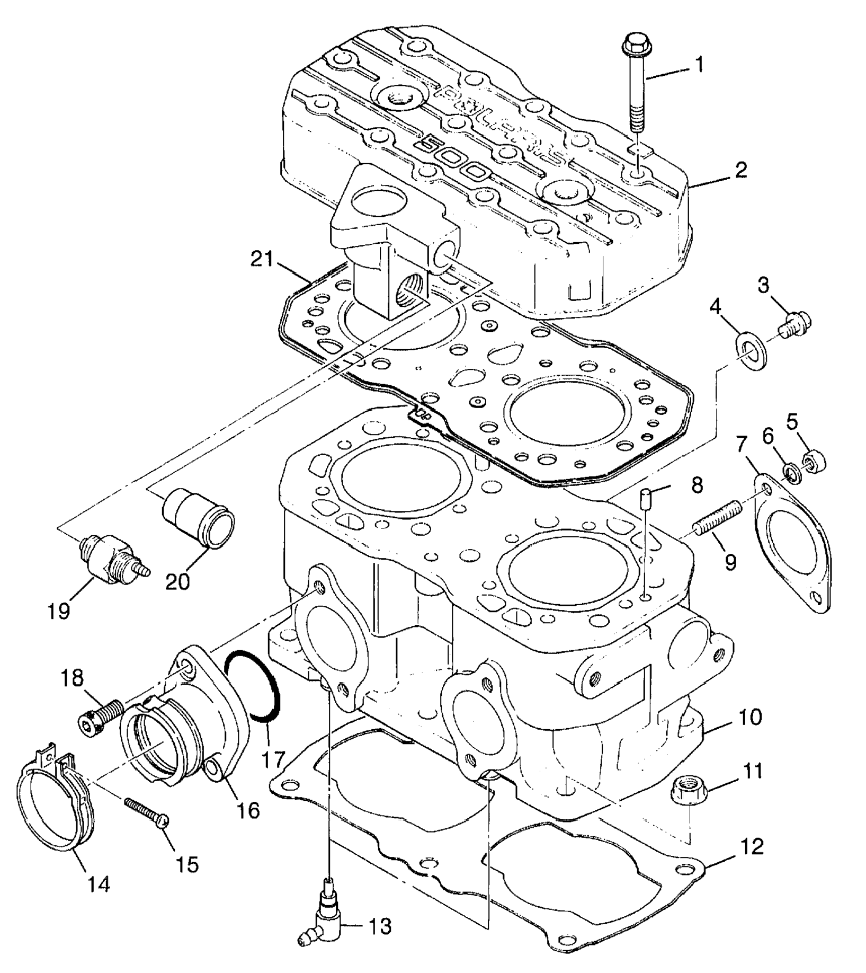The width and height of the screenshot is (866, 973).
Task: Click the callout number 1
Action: [699, 65]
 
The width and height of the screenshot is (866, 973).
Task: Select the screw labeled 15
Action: [147, 815]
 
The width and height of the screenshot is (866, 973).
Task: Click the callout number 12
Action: [753, 847]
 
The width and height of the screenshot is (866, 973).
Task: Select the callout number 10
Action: [750, 718]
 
